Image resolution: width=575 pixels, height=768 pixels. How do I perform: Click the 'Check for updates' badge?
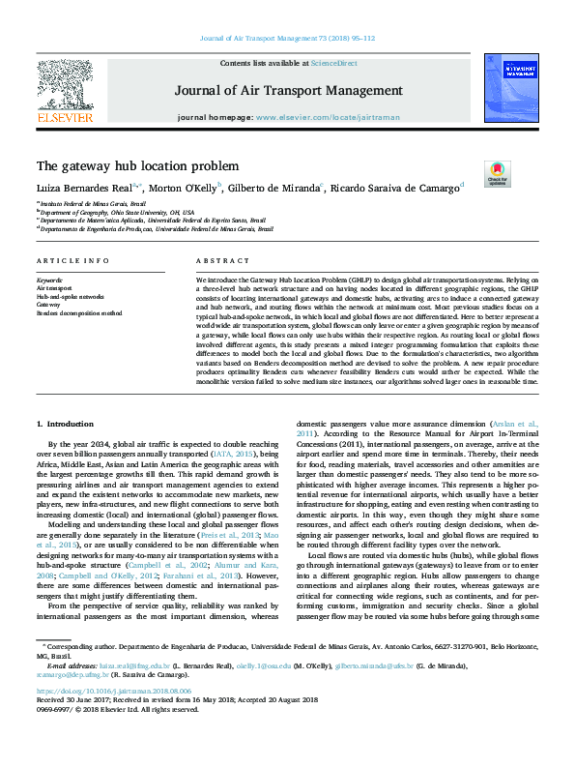click(497, 174)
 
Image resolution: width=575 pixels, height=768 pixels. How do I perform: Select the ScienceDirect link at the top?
click(333, 62)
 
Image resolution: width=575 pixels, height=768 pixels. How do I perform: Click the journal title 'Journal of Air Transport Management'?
click(287, 92)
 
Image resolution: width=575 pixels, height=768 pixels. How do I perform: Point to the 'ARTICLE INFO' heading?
click(72, 261)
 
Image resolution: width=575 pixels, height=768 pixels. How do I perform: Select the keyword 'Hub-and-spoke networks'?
click(71, 296)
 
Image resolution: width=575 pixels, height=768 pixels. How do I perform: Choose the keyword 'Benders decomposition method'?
click(79, 313)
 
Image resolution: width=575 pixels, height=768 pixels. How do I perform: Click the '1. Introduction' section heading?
click(65, 424)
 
